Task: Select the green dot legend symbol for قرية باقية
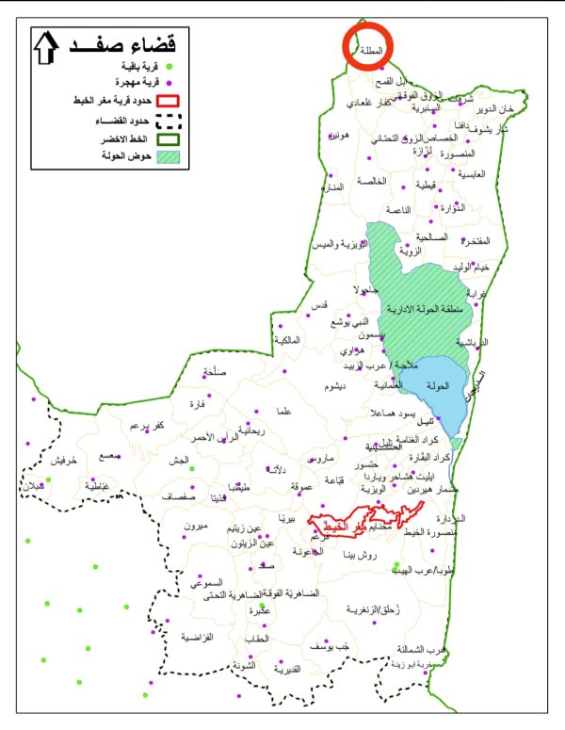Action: click(169, 66)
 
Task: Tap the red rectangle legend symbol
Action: click(168, 101)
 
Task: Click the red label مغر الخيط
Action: click(355, 523)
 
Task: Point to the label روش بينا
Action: click(361, 556)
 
